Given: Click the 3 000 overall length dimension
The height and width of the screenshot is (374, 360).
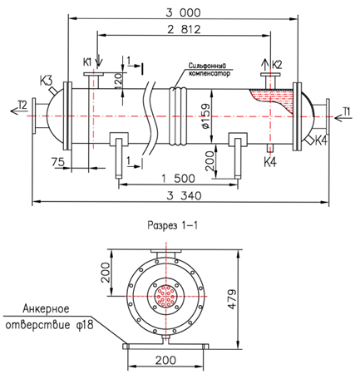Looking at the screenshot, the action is (183, 12).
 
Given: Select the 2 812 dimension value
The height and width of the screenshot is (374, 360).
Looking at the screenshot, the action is (184, 29).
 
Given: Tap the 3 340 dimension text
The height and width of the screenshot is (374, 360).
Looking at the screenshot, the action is (184, 195).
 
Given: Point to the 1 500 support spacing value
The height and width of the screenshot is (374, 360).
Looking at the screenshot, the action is (178, 179).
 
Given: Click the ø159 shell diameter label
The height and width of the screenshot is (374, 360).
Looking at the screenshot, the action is (206, 116).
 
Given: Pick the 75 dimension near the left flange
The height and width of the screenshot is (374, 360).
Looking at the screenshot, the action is (58, 161).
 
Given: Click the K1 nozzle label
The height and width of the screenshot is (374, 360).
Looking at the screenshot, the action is (87, 62).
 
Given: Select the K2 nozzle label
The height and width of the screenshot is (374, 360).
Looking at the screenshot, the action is (277, 65).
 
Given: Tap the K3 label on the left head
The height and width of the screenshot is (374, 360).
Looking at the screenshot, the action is (46, 81).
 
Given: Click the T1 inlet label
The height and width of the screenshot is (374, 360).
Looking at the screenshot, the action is (346, 111).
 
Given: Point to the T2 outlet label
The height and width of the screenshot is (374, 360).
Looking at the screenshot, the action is (22, 105).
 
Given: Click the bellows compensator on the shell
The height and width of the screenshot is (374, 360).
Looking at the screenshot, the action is (178, 116).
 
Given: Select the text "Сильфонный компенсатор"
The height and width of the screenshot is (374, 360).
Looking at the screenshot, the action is (210, 70).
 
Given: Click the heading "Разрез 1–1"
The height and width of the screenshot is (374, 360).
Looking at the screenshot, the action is (173, 225).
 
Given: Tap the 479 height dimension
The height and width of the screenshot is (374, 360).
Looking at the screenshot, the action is (232, 299).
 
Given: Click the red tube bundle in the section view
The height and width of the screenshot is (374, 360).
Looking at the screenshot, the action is (165, 296).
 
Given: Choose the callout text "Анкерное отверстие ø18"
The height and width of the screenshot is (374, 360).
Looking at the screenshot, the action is (49, 317).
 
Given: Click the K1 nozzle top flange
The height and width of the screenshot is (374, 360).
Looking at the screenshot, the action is (94, 74).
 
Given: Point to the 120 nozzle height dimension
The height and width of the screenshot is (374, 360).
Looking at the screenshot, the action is (118, 81).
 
